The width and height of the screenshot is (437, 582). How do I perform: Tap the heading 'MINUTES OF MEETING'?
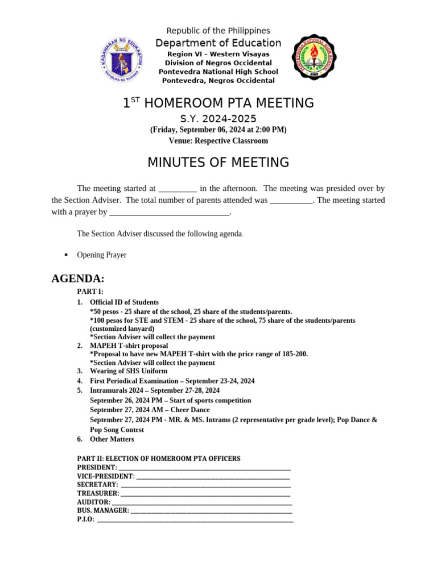coord(218,163)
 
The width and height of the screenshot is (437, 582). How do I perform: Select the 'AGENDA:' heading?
coord(78,278)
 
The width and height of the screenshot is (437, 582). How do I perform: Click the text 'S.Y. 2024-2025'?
coord(218,119)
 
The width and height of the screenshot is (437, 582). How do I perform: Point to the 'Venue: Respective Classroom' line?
coord(218,141)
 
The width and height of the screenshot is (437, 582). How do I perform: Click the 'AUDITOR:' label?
coord(94,502)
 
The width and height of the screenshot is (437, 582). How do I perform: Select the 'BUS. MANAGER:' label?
coord(103,511)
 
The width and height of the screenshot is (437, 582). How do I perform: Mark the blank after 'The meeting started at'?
coord(178,188)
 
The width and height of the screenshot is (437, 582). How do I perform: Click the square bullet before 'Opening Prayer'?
coord(67,255)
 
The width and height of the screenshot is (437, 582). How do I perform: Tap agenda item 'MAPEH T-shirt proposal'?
coord(129,346)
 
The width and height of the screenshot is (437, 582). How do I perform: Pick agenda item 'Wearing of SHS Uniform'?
coord(129,371)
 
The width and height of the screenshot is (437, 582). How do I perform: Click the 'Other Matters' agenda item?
coord(112,439)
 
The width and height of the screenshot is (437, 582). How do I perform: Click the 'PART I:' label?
coord(90,292)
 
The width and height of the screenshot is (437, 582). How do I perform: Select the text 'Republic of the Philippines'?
coord(218,31)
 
